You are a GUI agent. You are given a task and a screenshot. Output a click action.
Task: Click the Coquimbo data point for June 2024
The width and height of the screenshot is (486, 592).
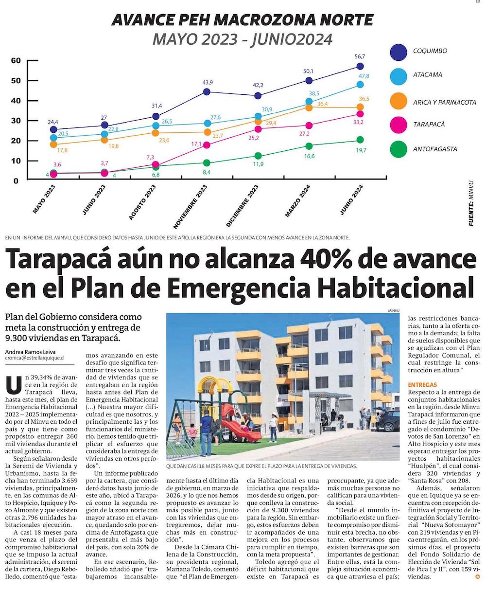tap(360, 66)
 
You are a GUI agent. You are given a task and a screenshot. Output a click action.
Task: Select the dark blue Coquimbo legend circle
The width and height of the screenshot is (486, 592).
tap(399, 51)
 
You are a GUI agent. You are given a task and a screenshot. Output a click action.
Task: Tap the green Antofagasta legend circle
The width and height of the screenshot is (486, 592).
tap(399, 149)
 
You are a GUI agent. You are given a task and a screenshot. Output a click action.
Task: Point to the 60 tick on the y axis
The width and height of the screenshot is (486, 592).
tap(16, 60)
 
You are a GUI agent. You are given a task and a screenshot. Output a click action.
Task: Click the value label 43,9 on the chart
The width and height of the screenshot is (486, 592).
tap(208, 82)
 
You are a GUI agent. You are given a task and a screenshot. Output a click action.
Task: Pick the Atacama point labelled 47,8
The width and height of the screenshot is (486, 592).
tap(360, 85)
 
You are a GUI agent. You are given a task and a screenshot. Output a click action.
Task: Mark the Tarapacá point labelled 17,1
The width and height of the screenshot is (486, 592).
tap(207, 145)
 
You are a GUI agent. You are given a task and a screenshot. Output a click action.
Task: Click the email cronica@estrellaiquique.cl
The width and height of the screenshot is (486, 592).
tap(36, 359)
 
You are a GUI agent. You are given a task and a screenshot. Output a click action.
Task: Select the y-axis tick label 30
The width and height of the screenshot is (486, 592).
tap(16, 121)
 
